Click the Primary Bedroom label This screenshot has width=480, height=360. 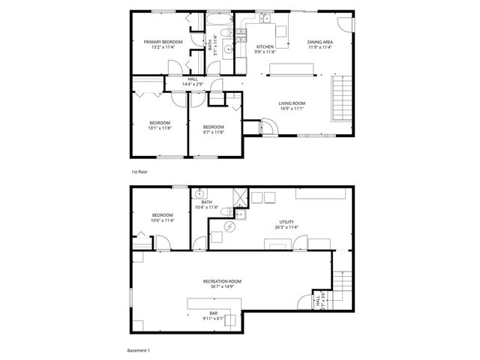[x=163, y=42]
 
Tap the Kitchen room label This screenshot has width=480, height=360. [x=265, y=46]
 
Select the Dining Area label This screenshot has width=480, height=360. [x=319, y=42]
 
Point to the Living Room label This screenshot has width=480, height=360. [x=292, y=103]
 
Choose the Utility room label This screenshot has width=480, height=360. [x=286, y=222]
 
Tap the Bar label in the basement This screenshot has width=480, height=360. [x=214, y=313]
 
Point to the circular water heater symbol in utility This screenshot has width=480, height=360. [x=231, y=226]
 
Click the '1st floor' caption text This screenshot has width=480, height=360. [x=139, y=172]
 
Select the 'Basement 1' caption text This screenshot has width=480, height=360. [x=139, y=350]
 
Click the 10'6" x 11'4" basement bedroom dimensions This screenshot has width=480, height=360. [x=163, y=221]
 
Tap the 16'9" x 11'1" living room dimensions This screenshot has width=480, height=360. [x=292, y=108]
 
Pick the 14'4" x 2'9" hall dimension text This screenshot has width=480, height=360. [x=193, y=84]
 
